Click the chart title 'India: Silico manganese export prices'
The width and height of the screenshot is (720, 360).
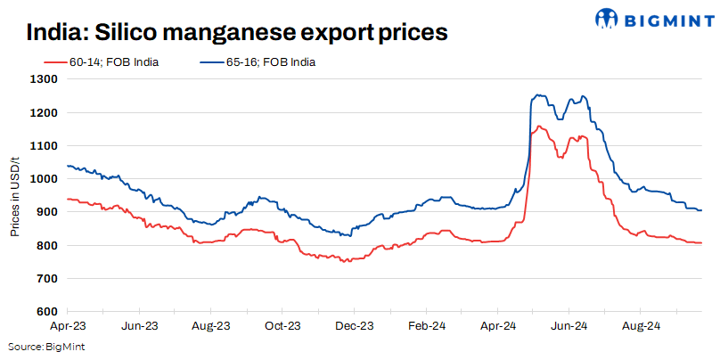(x=236, y=33)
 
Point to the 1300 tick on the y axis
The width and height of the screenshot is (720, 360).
(x=45, y=79)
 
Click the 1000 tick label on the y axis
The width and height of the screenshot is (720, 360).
(x=45, y=179)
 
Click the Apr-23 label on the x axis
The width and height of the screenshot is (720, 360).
(x=68, y=326)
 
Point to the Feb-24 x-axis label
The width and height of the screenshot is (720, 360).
(x=425, y=326)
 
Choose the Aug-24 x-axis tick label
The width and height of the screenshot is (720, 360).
(x=638, y=326)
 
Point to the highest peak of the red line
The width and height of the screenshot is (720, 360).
(x=539, y=127)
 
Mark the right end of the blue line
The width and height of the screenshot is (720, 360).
(x=701, y=210)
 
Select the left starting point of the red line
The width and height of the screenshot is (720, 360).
(x=68, y=199)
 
